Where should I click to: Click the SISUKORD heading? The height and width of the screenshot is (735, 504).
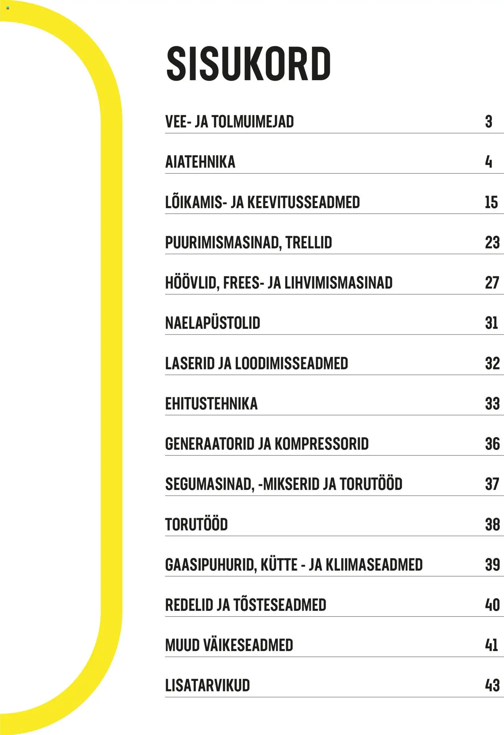248,64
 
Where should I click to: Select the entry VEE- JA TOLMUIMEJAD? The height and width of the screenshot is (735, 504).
229,122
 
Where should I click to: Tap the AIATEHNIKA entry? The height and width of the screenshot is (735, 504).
200,162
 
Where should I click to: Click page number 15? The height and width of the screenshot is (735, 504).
491,202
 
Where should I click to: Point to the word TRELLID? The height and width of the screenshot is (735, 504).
309,243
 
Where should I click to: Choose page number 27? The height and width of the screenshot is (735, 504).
492,283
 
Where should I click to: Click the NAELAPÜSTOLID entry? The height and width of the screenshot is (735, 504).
213,323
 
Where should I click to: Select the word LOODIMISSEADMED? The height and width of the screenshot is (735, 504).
291,363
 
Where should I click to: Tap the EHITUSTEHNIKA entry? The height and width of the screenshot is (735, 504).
211,404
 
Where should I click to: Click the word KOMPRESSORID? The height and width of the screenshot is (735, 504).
322,444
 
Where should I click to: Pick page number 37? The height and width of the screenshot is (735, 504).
492,484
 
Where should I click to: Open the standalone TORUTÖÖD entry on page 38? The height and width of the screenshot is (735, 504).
196,524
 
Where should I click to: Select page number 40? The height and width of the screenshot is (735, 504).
492,605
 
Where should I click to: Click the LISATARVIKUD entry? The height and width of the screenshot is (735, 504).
207,686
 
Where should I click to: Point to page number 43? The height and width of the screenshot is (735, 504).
492,686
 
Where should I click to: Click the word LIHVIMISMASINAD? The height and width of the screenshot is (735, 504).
338,283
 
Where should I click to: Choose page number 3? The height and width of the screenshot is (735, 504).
488,122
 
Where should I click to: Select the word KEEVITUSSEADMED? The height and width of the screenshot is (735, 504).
304,202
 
